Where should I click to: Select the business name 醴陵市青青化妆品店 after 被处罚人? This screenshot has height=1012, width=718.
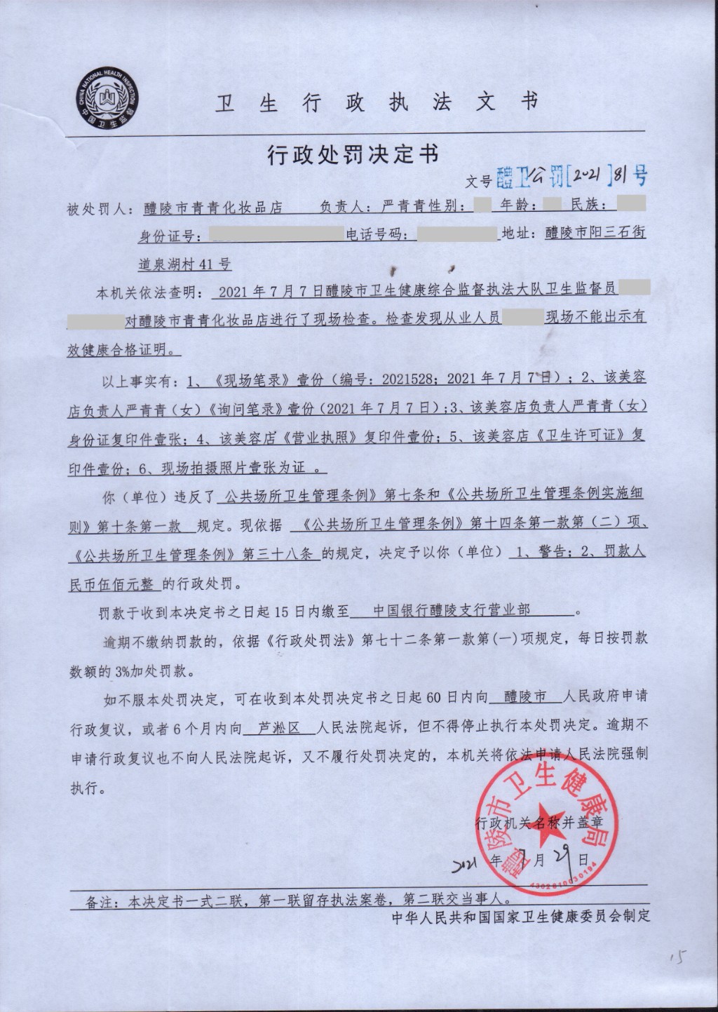tap(212, 208)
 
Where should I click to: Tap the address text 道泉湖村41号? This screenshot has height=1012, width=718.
tap(185, 264)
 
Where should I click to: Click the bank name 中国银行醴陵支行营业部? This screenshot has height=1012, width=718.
tap(452, 611)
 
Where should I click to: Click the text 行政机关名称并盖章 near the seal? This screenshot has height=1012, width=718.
tap(538, 822)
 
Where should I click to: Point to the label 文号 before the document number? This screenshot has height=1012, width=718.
tap(479, 181)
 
